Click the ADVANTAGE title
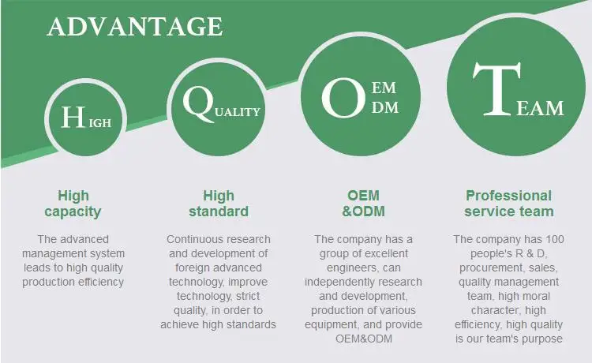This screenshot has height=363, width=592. [x=135, y=27]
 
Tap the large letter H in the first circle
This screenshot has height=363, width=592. [x=73, y=117]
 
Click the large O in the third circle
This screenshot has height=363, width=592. [x=343, y=97]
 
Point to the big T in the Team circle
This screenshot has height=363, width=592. [x=497, y=89]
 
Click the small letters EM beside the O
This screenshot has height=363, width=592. [x=384, y=88]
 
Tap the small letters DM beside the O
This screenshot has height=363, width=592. [x=385, y=108]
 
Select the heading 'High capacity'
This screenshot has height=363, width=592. [x=73, y=204]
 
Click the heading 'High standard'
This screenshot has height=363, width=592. [x=219, y=204]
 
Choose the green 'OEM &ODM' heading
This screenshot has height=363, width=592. [x=363, y=204]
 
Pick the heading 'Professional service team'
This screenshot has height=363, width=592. [x=508, y=204]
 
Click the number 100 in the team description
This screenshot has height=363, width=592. [x=555, y=239]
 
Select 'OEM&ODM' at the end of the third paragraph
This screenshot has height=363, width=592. [x=364, y=339]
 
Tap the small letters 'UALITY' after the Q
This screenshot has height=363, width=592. [x=238, y=112]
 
